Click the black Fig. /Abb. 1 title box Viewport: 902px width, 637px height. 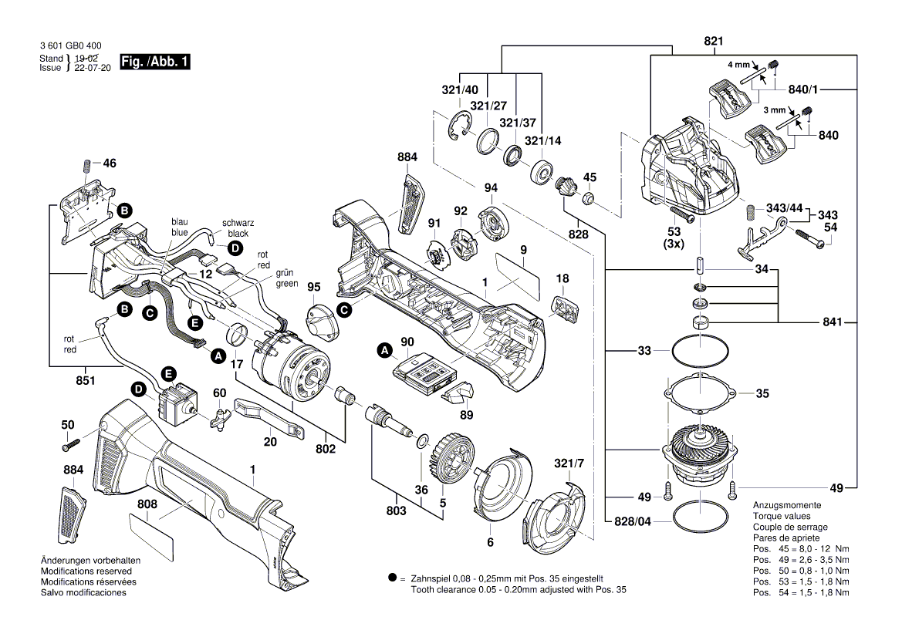[x=154, y=62]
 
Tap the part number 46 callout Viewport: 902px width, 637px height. [x=110, y=163]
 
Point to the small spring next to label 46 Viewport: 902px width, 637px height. [x=86, y=165]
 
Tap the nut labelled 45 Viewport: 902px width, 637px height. [x=588, y=201]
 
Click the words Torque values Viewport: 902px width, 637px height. [x=782, y=516]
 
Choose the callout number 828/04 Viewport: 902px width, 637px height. [x=633, y=521]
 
